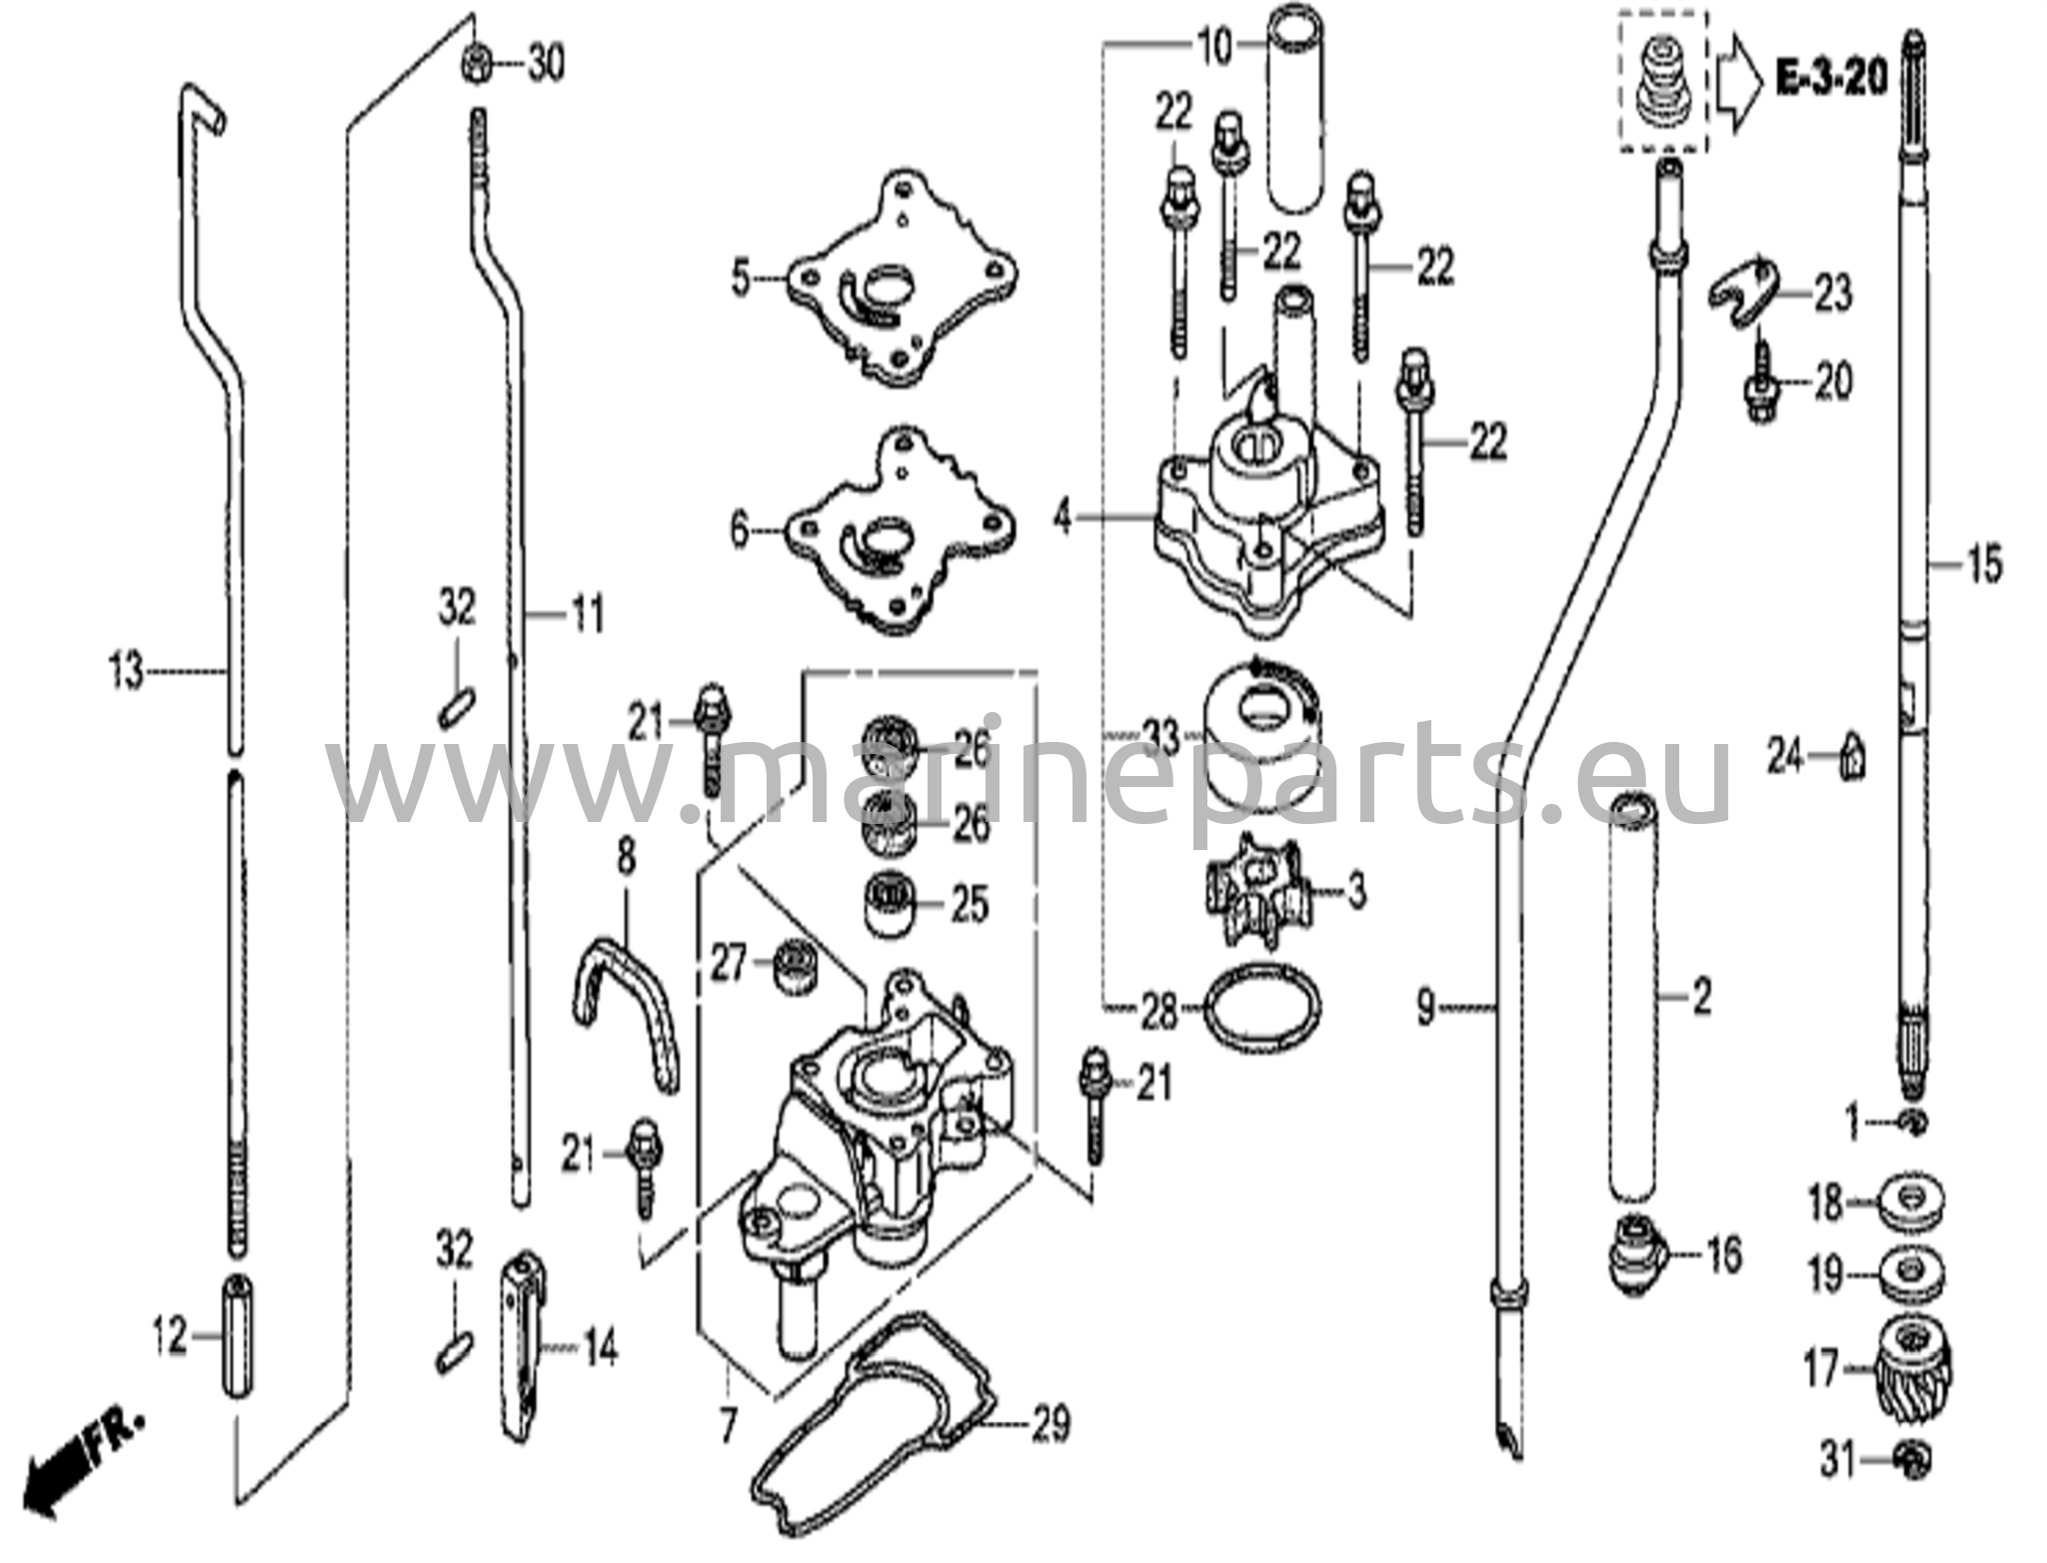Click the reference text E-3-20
1831,77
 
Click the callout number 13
127,671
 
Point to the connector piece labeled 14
522,1340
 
